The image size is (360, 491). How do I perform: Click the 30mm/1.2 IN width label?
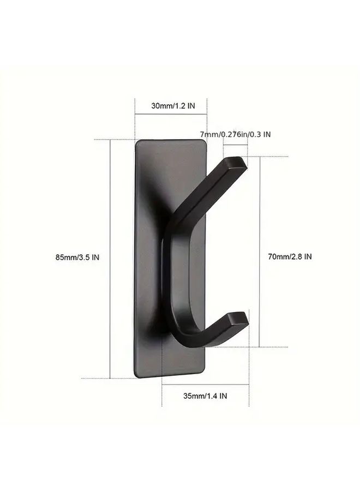(173, 106)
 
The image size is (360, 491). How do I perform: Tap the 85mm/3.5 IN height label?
(77, 258)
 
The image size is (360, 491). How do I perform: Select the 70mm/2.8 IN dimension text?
(290, 257)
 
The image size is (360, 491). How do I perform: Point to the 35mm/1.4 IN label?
(205, 396)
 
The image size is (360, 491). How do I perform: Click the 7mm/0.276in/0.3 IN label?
(236, 134)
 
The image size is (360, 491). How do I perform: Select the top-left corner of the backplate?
(136, 141)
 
